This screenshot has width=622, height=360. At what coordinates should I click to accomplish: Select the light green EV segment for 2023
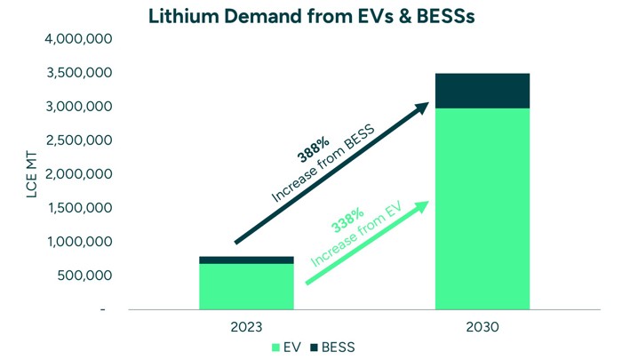coord(247,286)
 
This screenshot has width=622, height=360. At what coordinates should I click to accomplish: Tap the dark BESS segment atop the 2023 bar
coord(247,260)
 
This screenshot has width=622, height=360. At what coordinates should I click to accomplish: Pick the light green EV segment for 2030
coord(482,209)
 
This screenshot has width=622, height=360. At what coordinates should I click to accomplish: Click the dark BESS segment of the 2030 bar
coord(482,91)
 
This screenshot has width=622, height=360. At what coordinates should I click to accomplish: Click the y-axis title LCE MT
coord(32,174)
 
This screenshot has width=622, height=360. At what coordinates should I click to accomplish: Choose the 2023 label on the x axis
coord(247,327)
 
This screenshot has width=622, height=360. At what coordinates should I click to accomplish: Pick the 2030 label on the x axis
coord(482,327)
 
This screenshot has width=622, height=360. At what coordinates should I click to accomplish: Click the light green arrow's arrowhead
coord(422,205)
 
